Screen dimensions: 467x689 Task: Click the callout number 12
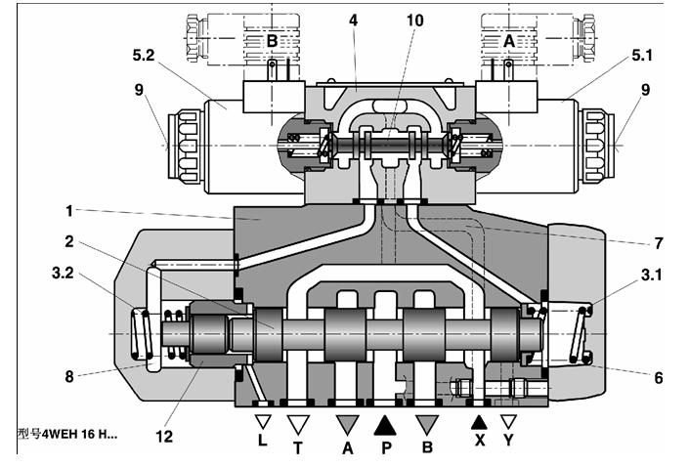[x=164, y=436]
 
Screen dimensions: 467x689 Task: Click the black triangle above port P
[x=386, y=423]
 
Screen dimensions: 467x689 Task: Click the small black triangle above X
[x=478, y=421]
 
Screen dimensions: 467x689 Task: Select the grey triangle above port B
[x=427, y=423]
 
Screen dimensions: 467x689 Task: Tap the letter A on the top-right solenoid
[x=508, y=40]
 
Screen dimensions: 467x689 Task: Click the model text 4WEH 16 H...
[x=68, y=433]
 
